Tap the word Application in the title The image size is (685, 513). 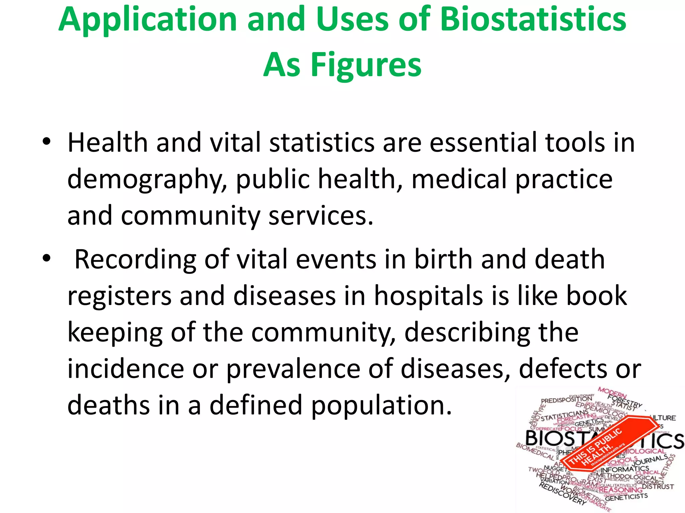pyautogui.click(x=148, y=20)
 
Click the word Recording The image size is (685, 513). pyautogui.click(x=135, y=260)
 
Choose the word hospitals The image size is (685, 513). pyautogui.click(x=428, y=296)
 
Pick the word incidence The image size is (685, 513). pyautogui.click(x=126, y=369)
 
